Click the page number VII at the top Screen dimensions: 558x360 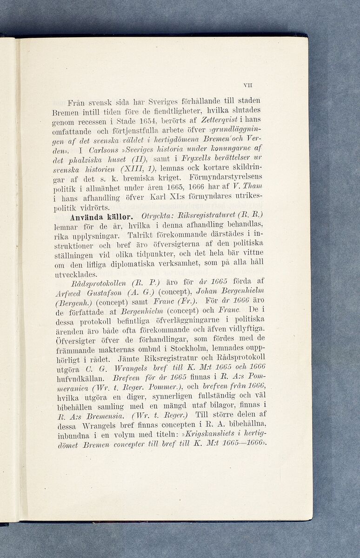point(247,85)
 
